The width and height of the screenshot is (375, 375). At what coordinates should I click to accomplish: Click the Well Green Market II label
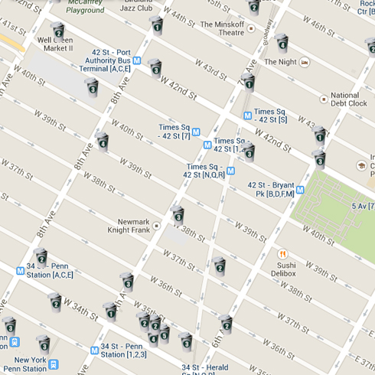55,44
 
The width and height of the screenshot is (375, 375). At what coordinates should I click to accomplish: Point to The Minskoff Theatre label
222,28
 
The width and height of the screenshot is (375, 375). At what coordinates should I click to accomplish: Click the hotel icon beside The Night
305,61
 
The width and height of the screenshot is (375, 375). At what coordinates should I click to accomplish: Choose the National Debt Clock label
348,99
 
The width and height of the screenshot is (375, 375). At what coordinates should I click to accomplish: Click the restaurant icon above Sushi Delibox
282,254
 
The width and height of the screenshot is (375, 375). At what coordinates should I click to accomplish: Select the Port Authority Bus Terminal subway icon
137,60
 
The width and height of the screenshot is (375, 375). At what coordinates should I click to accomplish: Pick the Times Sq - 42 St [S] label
270,116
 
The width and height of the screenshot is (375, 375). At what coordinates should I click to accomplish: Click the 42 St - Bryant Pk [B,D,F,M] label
271,190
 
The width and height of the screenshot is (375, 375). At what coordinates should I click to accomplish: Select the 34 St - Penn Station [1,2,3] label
123,350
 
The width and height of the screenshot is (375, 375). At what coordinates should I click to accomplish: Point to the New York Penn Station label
31,364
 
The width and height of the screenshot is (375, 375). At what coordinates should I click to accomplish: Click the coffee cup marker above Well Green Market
58,30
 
